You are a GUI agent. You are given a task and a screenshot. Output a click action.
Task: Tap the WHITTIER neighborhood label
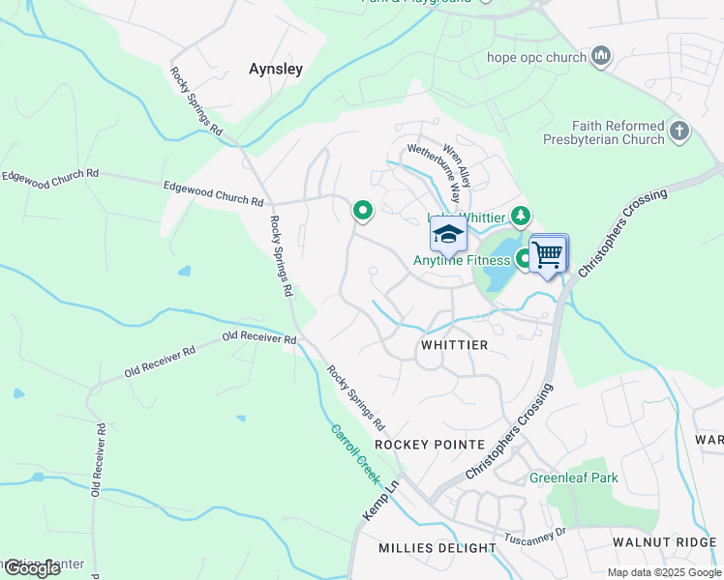pos(454,345)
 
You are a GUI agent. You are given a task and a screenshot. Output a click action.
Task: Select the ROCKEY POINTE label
pos(429,444)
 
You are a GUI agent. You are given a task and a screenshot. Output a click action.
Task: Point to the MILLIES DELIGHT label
pos(437,548)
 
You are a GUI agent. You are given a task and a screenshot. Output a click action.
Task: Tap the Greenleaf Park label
pos(573,478)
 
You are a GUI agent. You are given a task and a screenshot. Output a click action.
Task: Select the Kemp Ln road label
pos(379,501)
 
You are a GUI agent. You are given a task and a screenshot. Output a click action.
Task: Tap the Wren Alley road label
pos(457,165)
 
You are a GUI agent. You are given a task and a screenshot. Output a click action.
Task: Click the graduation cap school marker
pos(448,234)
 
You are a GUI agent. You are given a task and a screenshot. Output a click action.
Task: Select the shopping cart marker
pos(547,255)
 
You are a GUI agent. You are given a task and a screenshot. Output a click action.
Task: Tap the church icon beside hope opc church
pos(601,56)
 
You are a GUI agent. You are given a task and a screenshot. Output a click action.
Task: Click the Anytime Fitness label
pos(462,260)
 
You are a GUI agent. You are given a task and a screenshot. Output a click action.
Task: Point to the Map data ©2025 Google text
pos(664,572)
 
